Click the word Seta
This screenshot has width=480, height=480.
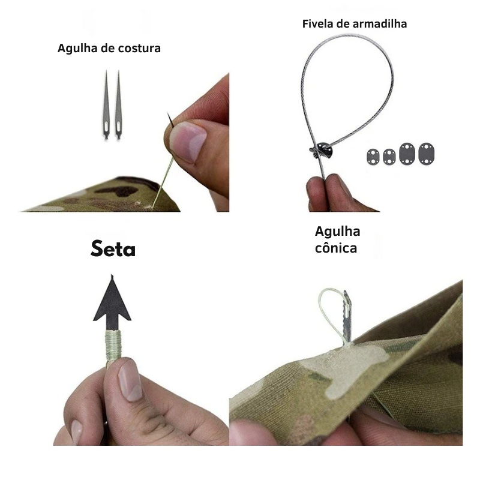click(x=113, y=248)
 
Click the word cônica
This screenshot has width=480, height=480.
click(x=336, y=248)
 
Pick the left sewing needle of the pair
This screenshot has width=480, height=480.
click(x=106, y=105)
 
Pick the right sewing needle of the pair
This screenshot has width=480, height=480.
click(x=118, y=105)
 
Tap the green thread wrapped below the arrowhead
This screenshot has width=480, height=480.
click(x=113, y=346)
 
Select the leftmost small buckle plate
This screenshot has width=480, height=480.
click(x=373, y=157)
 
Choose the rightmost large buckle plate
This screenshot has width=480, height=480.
click(x=427, y=154)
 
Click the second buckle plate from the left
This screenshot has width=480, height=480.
click(x=389, y=157)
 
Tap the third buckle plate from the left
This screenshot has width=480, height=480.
click(x=407, y=154)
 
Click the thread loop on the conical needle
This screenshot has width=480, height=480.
click(x=330, y=312)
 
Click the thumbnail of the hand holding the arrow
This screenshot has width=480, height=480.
click(x=130, y=380)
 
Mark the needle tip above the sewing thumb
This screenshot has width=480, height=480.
click(x=167, y=113)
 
